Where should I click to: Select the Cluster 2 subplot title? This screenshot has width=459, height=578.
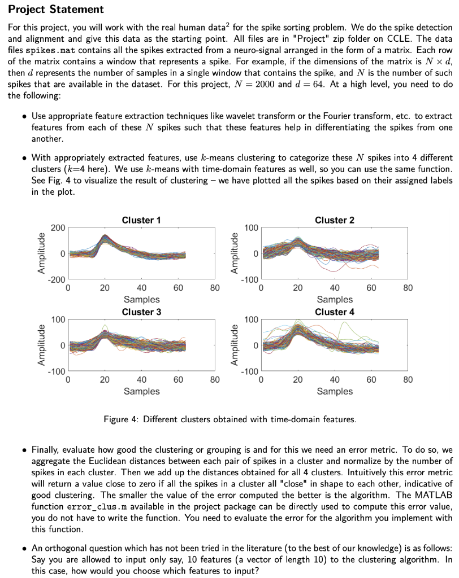(335, 220)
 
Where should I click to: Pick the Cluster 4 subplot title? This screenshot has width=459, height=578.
(335, 312)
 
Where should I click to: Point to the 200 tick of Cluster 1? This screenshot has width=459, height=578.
(58, 228)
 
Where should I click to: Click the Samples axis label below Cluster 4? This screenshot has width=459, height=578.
(335, 391)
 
